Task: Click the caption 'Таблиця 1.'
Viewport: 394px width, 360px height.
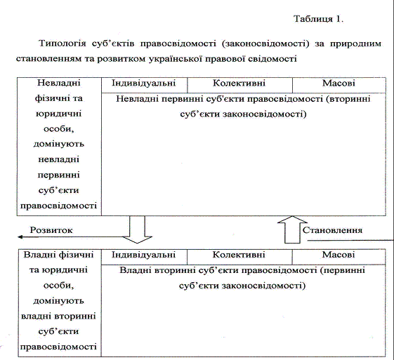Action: tap(318, 19)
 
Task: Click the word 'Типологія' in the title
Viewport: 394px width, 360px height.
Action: tap(63, 44)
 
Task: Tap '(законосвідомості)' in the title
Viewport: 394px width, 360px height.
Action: tap(265, 44)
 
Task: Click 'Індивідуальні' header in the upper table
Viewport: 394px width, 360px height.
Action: tap(144, 83)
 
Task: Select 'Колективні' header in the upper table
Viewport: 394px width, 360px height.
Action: tap(239, 83)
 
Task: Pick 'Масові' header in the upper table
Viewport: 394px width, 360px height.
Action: tap(339, 83)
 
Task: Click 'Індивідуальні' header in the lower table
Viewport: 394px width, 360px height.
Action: tap(143, 255)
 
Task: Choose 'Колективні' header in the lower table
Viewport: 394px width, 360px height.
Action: tap(239, 255)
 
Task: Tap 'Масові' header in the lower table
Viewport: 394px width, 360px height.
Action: tap(339, 255)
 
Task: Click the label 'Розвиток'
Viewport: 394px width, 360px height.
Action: tap(51, 230)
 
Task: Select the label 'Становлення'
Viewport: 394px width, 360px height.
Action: tap(332, 230)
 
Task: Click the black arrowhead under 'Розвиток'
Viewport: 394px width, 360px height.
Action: tap(20, 236)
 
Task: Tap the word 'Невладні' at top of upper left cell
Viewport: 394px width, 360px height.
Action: tap(59, 83)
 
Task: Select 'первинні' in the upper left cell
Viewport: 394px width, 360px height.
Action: tap(59, 175)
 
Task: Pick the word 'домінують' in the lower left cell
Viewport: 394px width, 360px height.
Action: tap(58, 301)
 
